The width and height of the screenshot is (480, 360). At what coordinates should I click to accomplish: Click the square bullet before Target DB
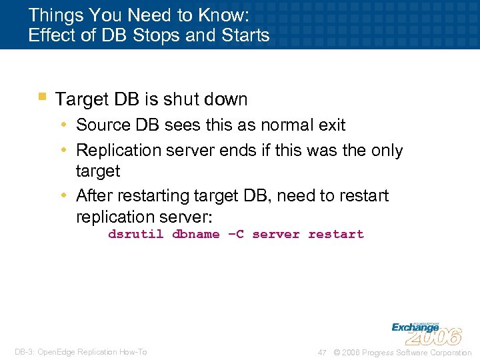(x=42, y=97)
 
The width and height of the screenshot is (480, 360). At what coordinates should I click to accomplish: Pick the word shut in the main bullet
(x=181, y=99)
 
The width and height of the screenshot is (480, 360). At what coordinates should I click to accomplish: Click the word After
(x=94, y=196)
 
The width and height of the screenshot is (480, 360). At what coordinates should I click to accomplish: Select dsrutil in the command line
(x=135, y=234)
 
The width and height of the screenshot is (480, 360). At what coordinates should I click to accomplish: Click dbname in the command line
(x=195, y=234)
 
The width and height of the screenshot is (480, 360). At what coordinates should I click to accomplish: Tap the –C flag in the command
(x=235, y=234)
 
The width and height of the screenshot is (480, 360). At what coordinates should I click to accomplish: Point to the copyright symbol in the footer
(x=337, y=352)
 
